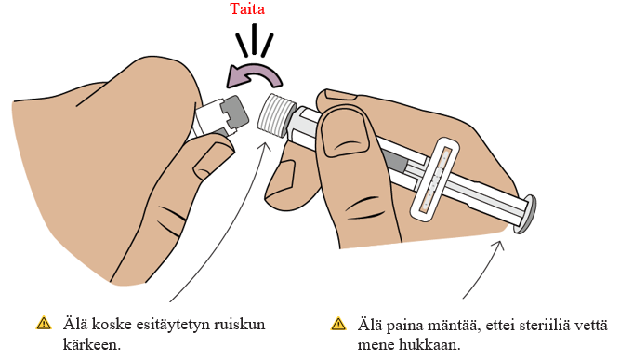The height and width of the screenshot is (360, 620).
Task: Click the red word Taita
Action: [247, 8]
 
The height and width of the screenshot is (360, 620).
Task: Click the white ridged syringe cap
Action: [276, 115]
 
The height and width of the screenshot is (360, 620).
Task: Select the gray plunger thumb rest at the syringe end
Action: [525, 214]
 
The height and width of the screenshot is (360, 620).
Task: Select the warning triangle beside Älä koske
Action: [44, 323]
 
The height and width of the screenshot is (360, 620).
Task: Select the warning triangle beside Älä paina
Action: [338, 324]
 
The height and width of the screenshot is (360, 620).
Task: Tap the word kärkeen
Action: [91, 344]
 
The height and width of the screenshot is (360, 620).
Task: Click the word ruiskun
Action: [240, 325]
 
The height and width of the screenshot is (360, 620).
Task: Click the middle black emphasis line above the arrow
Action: [255, 39]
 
